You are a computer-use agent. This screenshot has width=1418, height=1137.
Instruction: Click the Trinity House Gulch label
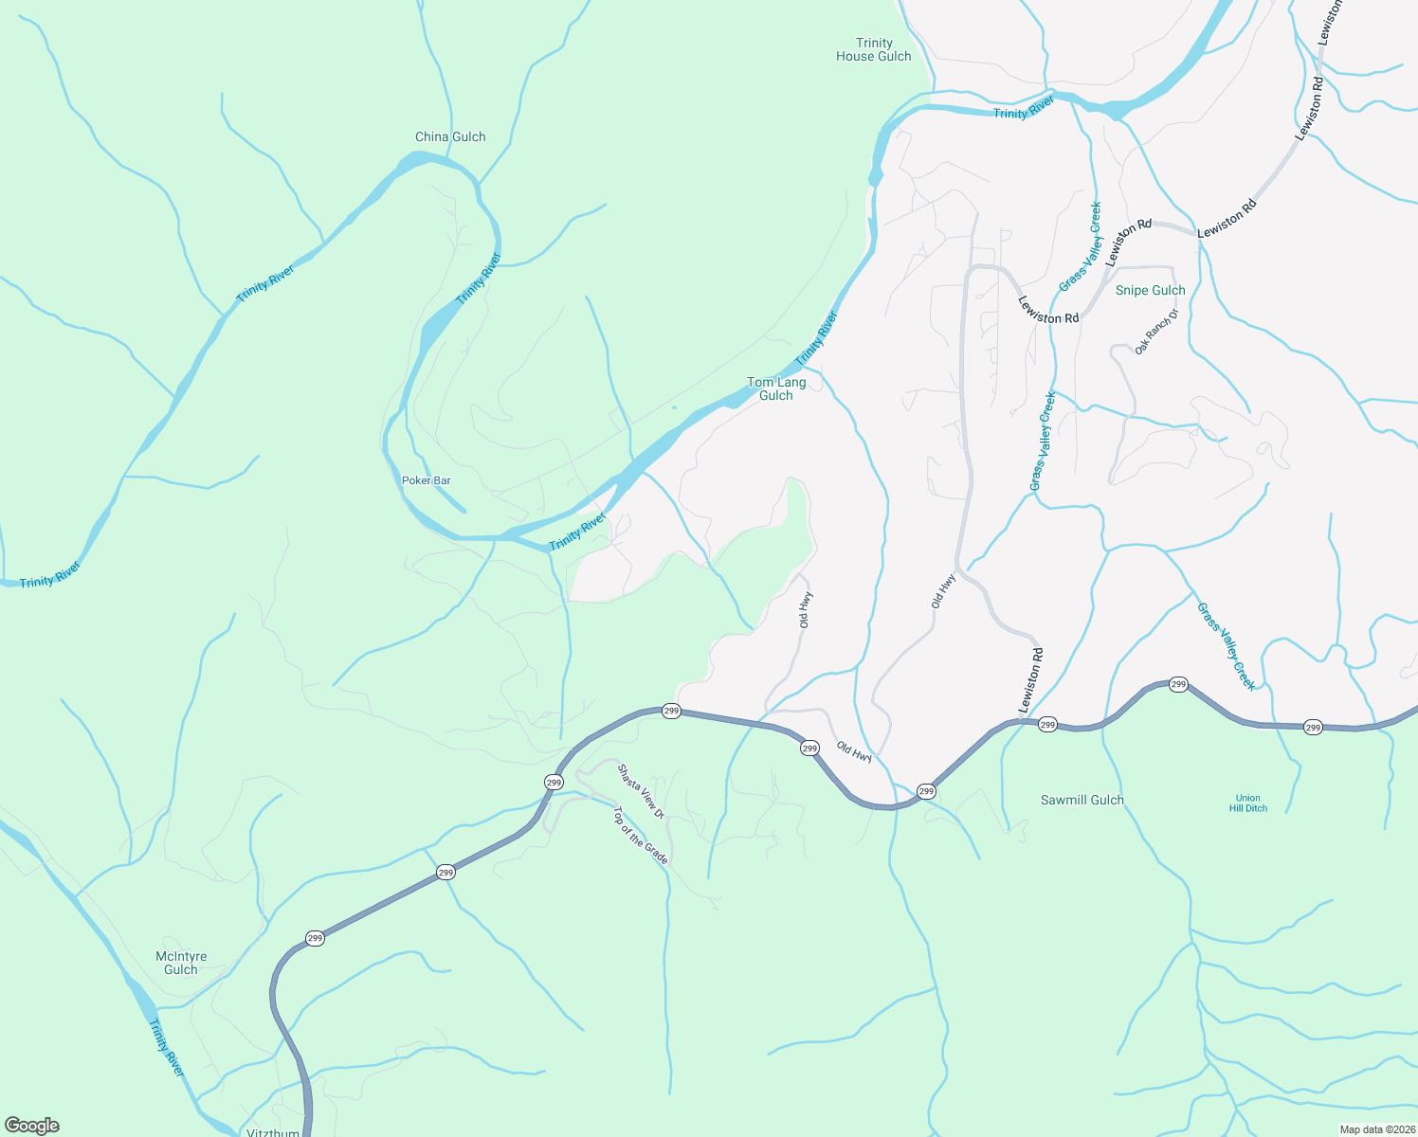tap(873, 49)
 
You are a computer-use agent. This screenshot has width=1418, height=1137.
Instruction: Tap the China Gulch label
tap(450, 136)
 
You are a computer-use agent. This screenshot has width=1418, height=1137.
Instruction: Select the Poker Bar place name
tap(427, 480)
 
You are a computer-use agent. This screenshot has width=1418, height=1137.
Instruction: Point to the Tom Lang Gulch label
tap(776, 388)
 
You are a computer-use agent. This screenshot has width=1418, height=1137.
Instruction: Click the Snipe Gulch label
tap(1150, 290)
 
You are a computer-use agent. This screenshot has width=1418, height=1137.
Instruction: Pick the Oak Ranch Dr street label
tap(1155, 332)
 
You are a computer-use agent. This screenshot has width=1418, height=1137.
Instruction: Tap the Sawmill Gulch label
tap(1082, 800)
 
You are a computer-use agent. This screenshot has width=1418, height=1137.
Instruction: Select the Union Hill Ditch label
tap(1248, 803)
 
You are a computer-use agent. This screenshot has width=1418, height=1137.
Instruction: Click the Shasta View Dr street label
tap(642, 791)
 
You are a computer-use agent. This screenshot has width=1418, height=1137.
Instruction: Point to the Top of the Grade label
tap(641, 835)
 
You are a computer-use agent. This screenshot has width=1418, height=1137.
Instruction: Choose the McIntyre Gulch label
tap(181, 963)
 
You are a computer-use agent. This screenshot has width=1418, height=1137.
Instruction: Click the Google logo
tap(32, 1126)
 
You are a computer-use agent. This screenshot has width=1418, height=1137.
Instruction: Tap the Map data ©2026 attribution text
tap(1375, 1129)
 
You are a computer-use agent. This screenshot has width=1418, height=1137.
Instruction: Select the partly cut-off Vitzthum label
tap(273, 1132)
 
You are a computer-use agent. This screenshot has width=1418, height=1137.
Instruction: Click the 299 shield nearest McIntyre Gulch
tap(315, 938)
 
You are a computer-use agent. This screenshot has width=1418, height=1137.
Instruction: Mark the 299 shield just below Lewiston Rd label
tap(1046, 725)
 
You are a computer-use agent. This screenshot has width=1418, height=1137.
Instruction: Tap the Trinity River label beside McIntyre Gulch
tap(167, 1047)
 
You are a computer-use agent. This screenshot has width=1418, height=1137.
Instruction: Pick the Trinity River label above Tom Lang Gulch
tap(816, 338)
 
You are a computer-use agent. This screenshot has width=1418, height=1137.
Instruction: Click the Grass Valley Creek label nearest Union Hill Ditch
tap(1226, 646)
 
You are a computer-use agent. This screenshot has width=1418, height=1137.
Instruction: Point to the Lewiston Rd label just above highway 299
tap(1030, 680)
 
